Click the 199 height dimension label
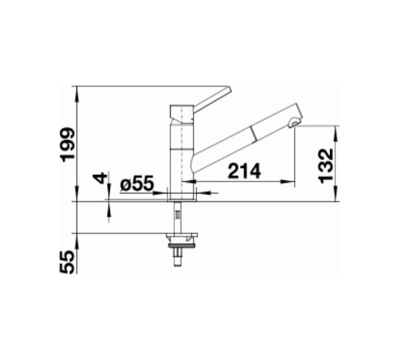pyautogui.click(x=67, y=144)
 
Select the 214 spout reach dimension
pyautogui.click(x=244, y=171)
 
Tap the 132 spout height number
pyautogui.click(x=326, y=166)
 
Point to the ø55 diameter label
pyautogui.click(x=137, y=183)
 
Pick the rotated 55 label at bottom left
pyautogui.click(x=67, y=262)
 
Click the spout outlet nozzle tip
pyautogui.click(x=293, y=124)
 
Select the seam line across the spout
pyautogui.click(x=253, y=134)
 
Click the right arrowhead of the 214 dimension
pyautogui.click(x=289, y=181)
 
